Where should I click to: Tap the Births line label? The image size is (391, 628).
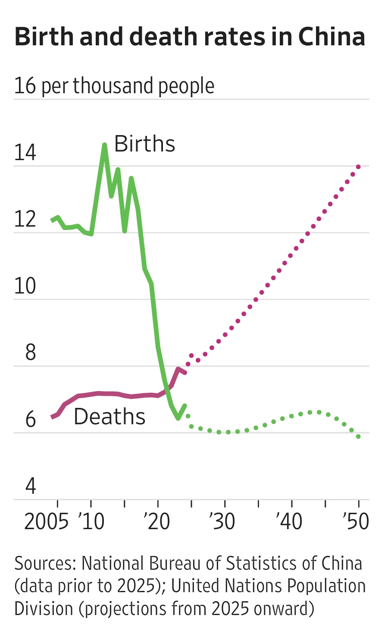pyautogui.click(x=144, y=144)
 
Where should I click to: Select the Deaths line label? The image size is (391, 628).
pyautogui.click(x=109, y=417)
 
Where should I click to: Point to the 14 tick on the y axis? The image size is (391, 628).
pyautogui.click(x=25, y=153)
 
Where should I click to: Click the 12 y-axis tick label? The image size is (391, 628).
pyautogui.click(x=25, y=219)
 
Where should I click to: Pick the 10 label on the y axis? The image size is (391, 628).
pyautogui.click(x=25, y=286)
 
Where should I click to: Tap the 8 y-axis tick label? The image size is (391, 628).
pyautogui.click(x=30, y=353)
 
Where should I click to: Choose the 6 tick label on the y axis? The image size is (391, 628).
pyautogui.click(x=30, y=420)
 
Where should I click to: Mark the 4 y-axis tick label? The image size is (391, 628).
pyautogui.click(x=30, y=486)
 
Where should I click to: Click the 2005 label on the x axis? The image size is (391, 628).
pyautogui.click(x=46, y=522)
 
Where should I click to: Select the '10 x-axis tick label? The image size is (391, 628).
pyautogui.click(x=91, y=522)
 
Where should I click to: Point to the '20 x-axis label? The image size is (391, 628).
pyautogui.click(x=158, y=522)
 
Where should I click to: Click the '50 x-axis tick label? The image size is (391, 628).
pyautogui.click(x=356, y=522)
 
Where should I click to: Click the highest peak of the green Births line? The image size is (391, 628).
pyautogui.click(x=104, y=145)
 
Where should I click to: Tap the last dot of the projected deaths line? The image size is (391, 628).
pyautogui.click(x=358, y=167)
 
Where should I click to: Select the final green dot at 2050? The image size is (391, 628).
pyautogui.click(x=358, y=436)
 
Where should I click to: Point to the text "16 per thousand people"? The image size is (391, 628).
pyautogui.click(x=114, y=86)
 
